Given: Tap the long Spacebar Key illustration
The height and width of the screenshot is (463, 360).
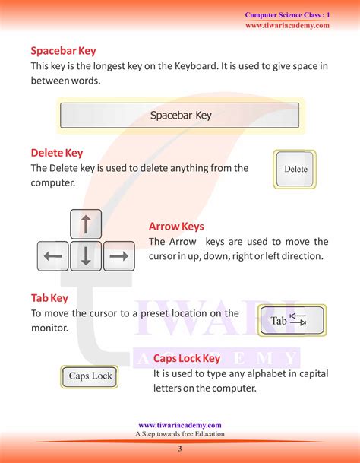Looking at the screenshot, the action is pos(180,116).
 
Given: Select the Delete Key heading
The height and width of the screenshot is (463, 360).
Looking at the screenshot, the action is pos(57,153).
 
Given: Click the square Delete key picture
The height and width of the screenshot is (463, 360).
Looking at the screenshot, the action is pos(295,169).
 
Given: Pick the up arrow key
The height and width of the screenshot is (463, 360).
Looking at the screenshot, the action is pos(86,224).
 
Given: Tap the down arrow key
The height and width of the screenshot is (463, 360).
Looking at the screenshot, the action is pos(86,256).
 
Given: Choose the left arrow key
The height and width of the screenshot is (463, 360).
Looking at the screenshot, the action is pos(53,256).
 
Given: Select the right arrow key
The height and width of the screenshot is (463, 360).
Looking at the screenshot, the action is pos(118,256).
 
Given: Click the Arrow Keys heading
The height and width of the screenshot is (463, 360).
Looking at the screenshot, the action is pos(176,227).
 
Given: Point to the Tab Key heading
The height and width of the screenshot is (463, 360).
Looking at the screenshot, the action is pos(50,297).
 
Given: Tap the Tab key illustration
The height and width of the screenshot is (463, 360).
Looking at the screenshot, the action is pos(292,321).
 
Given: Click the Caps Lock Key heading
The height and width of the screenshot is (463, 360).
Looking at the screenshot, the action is pos(187,358).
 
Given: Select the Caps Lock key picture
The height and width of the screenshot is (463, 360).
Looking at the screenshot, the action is pos(90,376).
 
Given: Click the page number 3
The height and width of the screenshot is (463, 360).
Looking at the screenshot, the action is pos(180,450).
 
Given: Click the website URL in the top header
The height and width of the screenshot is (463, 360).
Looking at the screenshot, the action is pos(287,25).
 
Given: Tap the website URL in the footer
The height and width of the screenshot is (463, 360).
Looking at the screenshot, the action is pos(180,425).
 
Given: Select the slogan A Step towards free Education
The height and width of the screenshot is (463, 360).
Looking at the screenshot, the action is pos(180,433).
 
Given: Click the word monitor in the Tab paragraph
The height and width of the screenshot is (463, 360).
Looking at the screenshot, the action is pos(48,328).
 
